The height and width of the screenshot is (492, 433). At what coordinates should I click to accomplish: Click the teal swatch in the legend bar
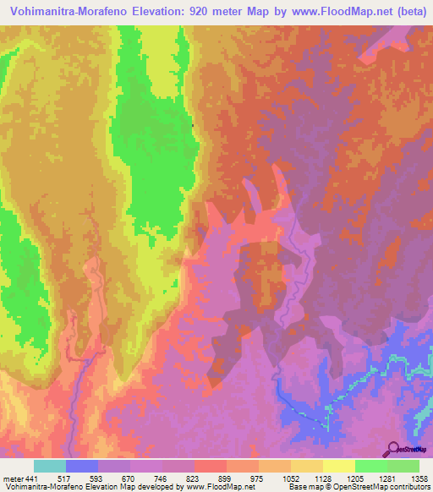[50, 466]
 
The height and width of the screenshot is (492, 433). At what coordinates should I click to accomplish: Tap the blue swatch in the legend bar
[82, 466]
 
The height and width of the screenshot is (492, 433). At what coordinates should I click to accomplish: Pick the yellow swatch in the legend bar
[338, 466]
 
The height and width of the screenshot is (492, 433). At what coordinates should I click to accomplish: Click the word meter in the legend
[13, 478]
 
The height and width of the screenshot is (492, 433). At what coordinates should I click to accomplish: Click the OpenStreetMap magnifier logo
[393, 449]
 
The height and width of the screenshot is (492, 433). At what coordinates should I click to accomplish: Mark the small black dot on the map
[193, 126]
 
